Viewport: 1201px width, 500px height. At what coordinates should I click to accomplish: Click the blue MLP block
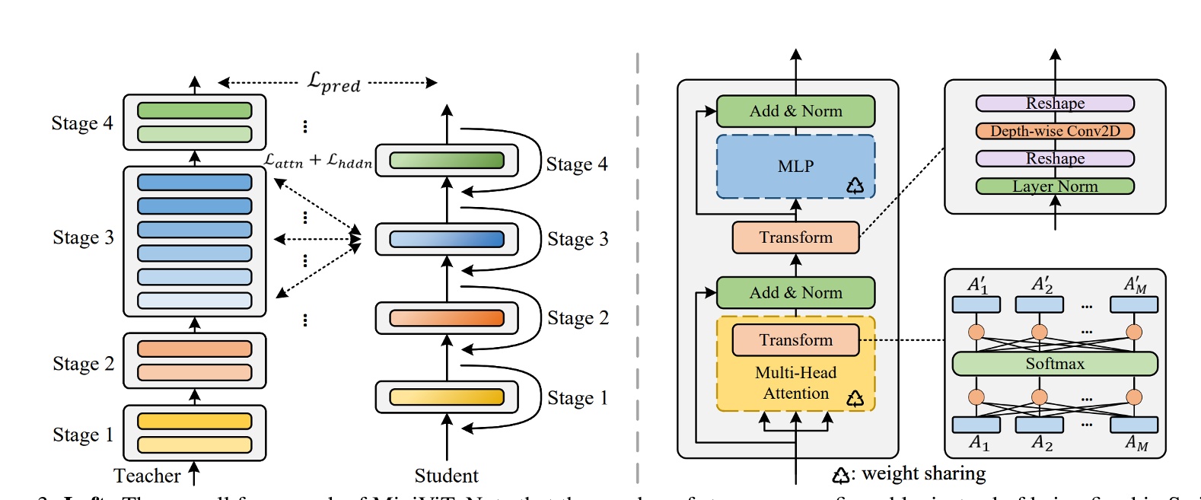coord(795,167)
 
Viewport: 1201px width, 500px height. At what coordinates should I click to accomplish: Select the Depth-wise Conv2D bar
coord(1055,131)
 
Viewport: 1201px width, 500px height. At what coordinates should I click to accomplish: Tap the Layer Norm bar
coord(1055,186)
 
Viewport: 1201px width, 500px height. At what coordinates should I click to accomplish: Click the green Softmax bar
coord(1055,364)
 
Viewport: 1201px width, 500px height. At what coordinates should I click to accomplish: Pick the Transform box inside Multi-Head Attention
coord(795,340)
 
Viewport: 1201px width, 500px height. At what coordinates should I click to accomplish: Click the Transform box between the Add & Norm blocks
coord(795,237)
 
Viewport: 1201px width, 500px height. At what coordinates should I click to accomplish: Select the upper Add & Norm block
coord(795,111)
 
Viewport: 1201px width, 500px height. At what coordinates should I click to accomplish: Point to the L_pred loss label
coord(333,82)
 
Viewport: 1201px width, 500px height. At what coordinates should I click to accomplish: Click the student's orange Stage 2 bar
coord(447,318)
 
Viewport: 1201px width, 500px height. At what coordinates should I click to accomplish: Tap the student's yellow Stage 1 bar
coord(447,397)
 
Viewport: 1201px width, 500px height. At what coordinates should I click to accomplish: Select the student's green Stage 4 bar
coord(447,161)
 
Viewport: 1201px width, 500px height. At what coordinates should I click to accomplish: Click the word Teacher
coord(147,476)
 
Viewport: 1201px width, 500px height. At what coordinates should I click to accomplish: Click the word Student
coord(447,476)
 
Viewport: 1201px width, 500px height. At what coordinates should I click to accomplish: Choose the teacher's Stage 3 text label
coord(83,237)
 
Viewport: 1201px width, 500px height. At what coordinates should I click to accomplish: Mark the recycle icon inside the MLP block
coord(855,186)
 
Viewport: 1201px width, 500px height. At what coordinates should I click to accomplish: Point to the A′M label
coord(1135,285)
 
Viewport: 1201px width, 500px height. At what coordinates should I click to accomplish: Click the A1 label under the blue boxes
coord(979,443)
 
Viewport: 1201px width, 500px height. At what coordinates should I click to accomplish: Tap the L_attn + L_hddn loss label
coord(318,161)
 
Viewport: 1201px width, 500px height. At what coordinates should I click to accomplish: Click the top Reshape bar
coord(1055,104)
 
